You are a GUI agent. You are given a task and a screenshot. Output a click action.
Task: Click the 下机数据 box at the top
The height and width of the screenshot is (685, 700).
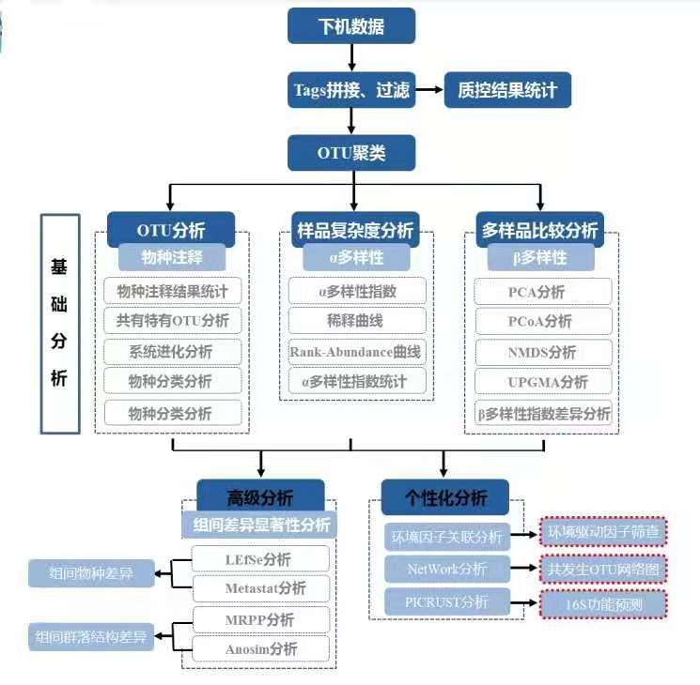pos(350,26)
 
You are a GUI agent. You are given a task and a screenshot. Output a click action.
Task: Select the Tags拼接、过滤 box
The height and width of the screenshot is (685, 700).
pos(351,90)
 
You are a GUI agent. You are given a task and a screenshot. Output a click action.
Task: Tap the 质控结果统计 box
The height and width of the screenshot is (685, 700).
pos(506,90)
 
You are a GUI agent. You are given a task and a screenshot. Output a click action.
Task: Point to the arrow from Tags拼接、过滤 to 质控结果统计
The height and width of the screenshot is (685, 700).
pos(429,90)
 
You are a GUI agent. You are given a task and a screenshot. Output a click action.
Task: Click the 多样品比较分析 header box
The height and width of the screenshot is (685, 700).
pos(539,229)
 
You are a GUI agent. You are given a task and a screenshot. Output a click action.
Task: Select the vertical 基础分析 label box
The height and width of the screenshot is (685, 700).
pos(60,324)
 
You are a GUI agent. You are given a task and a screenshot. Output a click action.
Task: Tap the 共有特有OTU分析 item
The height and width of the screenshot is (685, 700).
pos(172,321)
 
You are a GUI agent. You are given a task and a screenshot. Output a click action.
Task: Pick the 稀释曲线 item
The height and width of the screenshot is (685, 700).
pos(355,321)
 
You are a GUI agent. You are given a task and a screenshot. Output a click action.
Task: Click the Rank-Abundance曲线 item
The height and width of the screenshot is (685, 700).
pos(355,352)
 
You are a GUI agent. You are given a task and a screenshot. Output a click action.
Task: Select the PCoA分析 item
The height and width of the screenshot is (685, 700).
pos(539,322)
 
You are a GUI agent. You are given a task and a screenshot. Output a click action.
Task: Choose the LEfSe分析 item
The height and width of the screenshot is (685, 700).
pos(260,559)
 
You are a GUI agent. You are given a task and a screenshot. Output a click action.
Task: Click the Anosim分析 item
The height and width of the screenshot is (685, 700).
pos(260,648)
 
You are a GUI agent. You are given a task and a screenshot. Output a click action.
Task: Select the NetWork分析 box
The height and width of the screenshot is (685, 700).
pos(447,569)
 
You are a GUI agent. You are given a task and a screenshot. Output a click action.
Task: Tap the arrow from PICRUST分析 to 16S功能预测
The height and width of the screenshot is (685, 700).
pos(524,601)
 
